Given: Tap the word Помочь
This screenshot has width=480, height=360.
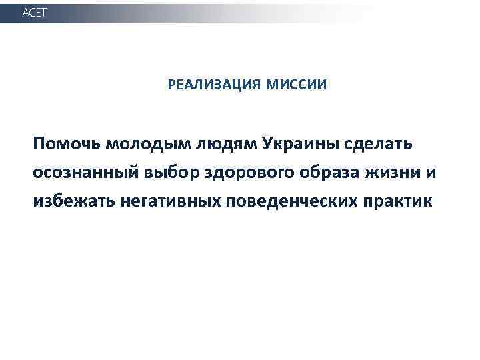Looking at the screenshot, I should pyautogui.click(x=65, y=144).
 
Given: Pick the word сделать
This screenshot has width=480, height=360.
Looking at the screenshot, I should pyautogui.click(x=380, y=145).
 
